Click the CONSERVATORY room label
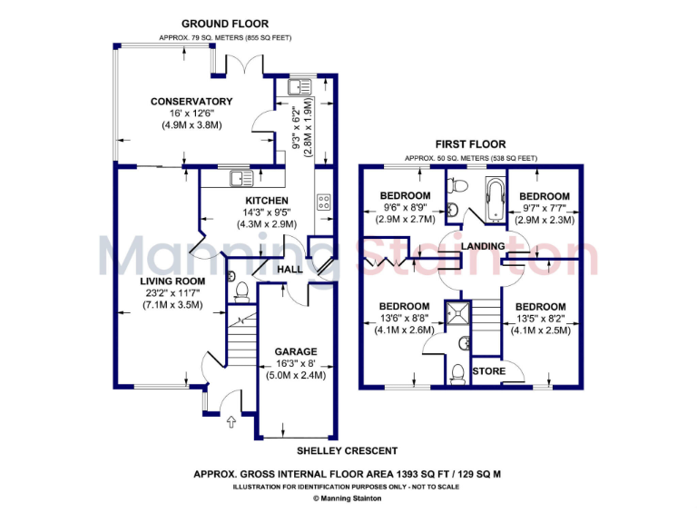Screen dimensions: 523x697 click(x=191, y=102)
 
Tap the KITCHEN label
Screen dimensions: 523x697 click(x=267, y=201)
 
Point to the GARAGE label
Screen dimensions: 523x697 click(x=296, y=351)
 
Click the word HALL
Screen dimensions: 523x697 click(x=290, y=270)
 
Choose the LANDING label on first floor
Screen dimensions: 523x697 click(x=483, y=247)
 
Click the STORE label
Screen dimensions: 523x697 click(x=489, y=370)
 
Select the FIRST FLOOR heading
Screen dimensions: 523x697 click(x=470, y=144)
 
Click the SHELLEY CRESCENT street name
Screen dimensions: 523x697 click(x=348, y=451)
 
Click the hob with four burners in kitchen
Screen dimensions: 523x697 click(x=323, y=202)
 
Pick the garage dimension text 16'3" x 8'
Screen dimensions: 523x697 click(x=296, y=363)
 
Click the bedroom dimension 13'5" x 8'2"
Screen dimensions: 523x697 click(x=542, y=319)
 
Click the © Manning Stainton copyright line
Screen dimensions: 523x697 click(x=348, y=498)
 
